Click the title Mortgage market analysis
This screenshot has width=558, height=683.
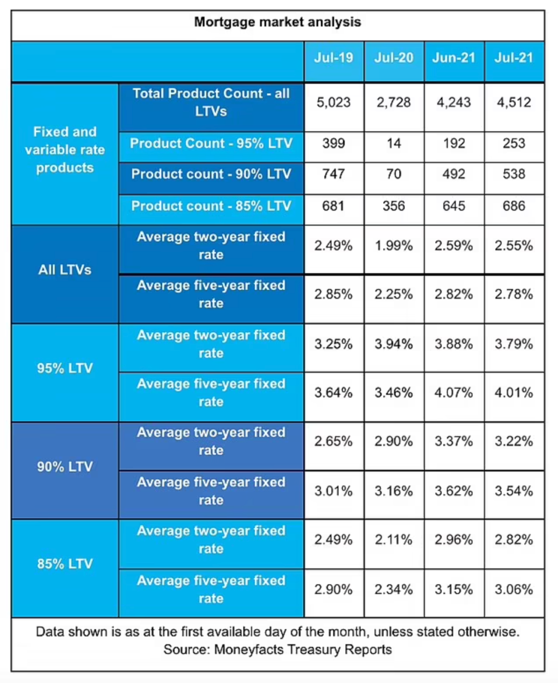pos(277,22)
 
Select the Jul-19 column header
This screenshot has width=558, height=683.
pos(333,57)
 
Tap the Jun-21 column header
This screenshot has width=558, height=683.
pos(454,57)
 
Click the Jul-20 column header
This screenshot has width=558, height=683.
pos(394,57)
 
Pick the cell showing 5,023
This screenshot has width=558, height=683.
pos(333,102)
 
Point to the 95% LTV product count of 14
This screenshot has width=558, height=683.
pos(394,143)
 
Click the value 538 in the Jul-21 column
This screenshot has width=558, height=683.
pos(514,174)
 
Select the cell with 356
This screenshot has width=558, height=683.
pos(394,206)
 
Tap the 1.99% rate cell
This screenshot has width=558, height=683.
pos(394,246)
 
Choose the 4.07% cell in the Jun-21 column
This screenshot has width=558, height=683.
pos(454,393)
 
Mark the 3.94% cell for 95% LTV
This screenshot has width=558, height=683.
pos(394,344)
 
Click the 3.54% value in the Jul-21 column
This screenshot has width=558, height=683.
pos(514,491)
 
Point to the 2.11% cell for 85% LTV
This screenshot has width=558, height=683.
pos(394,540)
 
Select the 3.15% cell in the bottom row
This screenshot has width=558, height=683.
pos(454,589)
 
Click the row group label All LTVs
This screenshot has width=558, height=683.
pos(65,270)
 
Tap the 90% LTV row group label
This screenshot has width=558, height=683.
pos(65,467)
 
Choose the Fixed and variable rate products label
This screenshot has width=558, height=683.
pos(65,150)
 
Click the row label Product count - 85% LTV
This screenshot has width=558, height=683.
pos(211,206)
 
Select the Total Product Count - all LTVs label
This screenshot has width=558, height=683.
pos(211,102)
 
